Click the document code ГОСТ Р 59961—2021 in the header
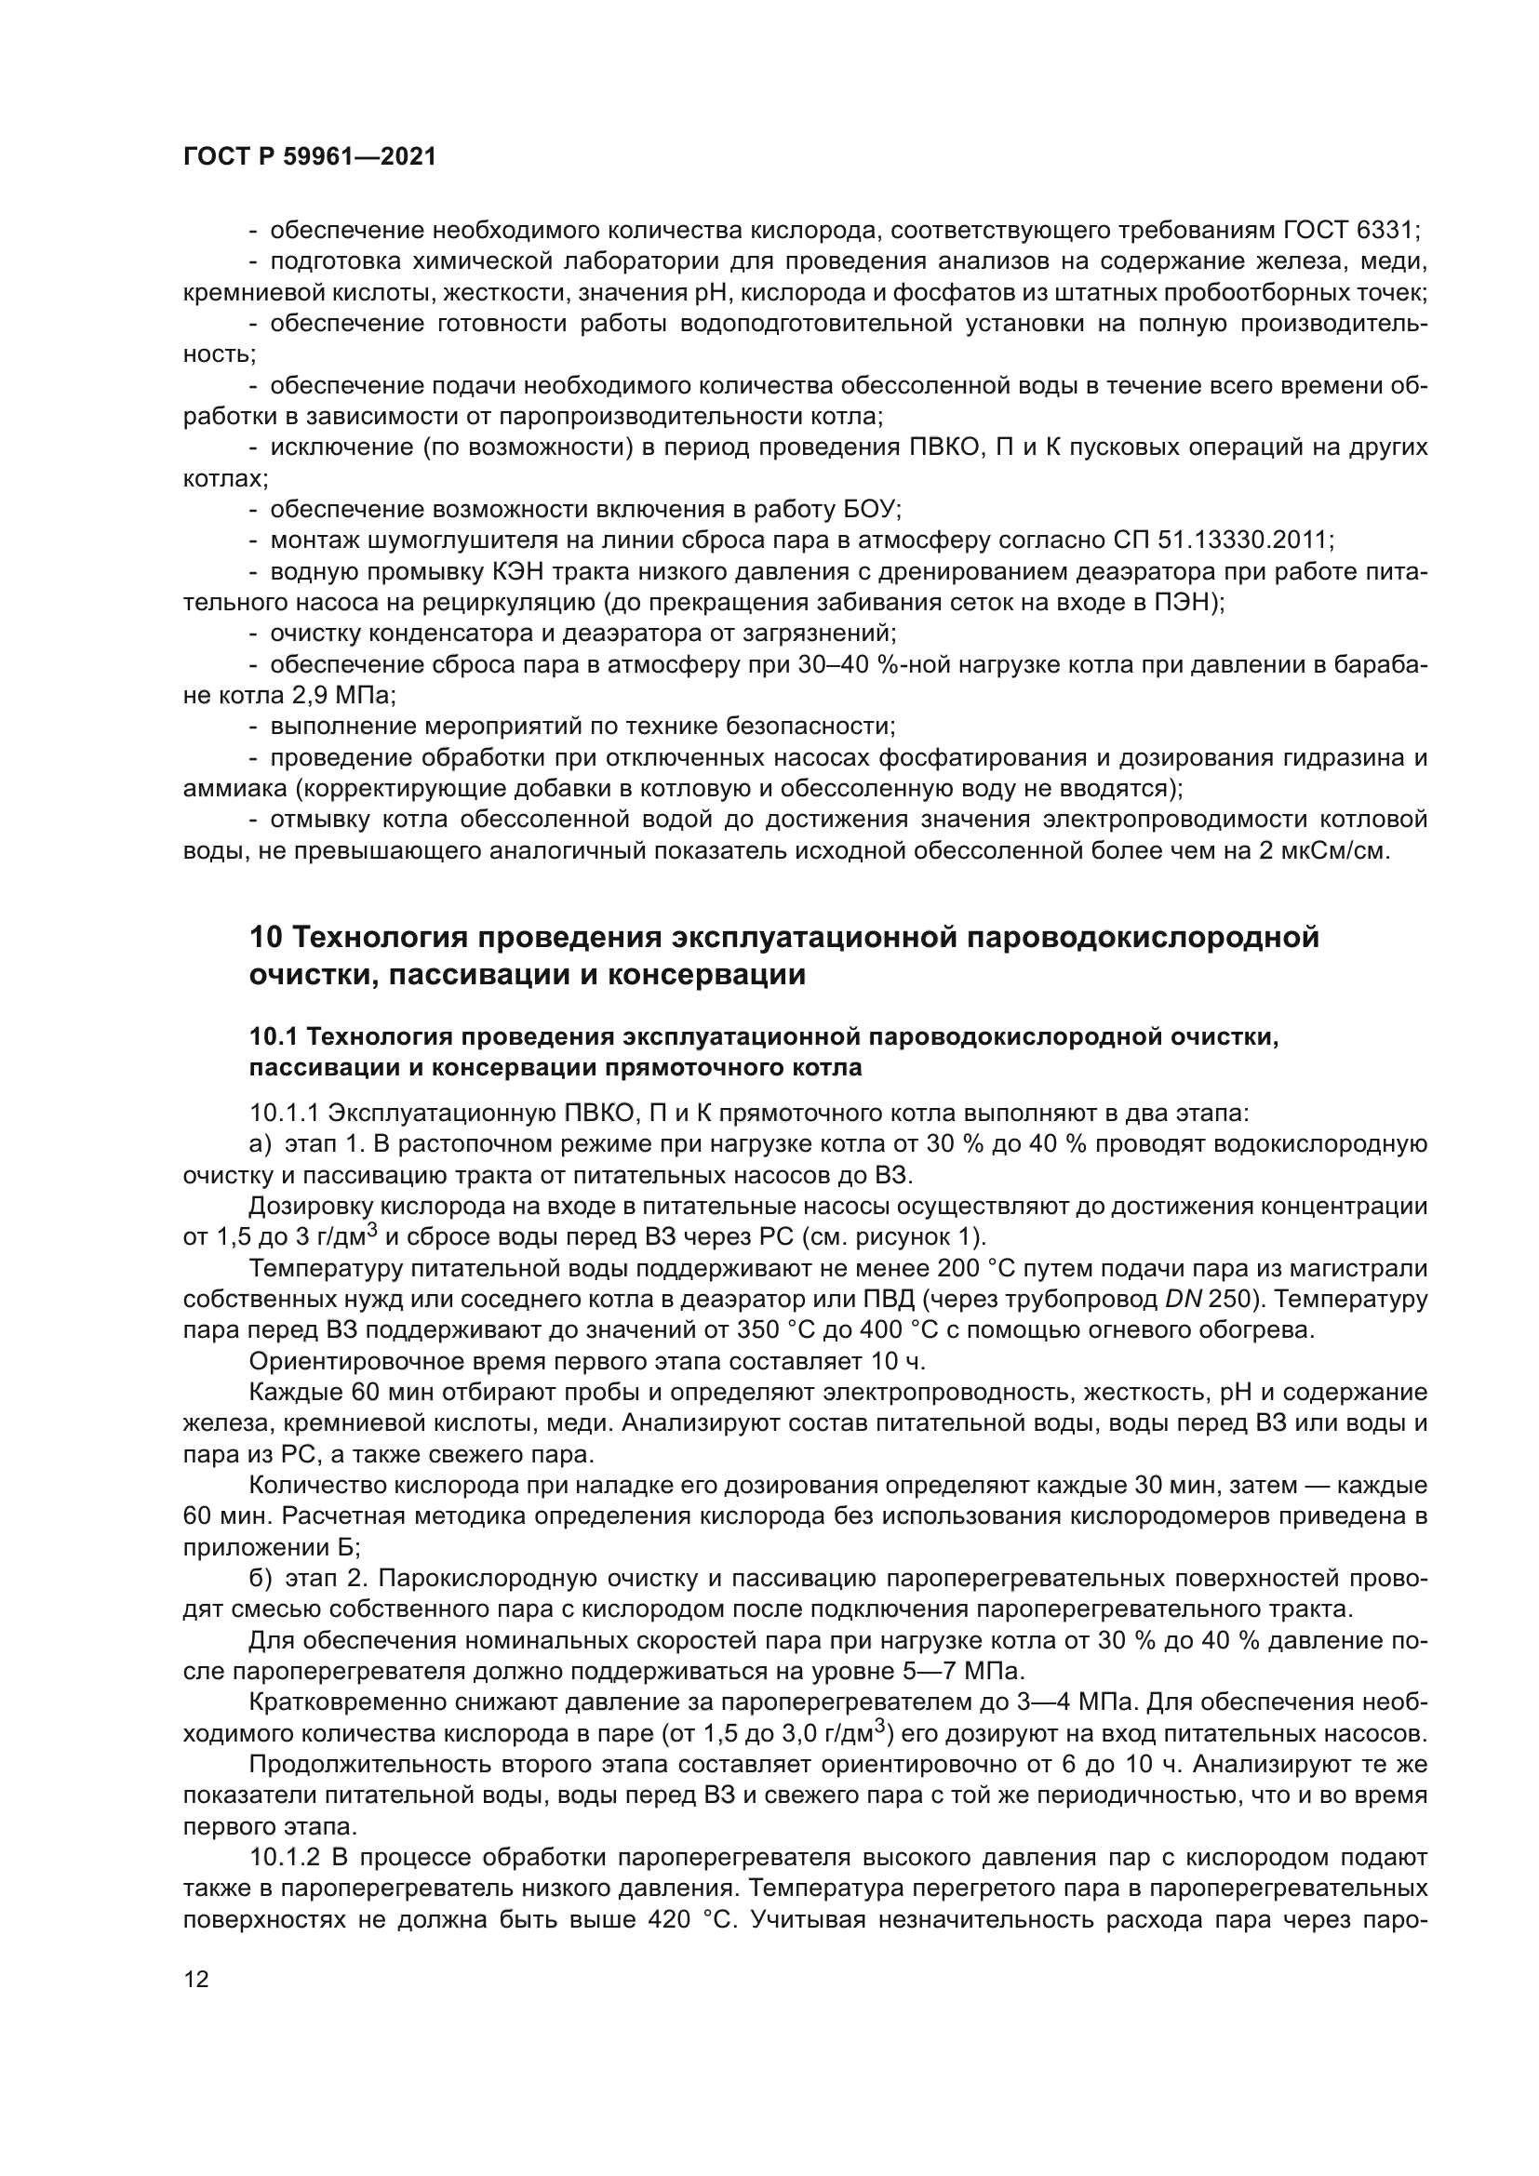tap(310, 157)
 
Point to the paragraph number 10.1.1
tap(283, 1113)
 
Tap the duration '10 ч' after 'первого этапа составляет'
tap(896, 1361)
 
